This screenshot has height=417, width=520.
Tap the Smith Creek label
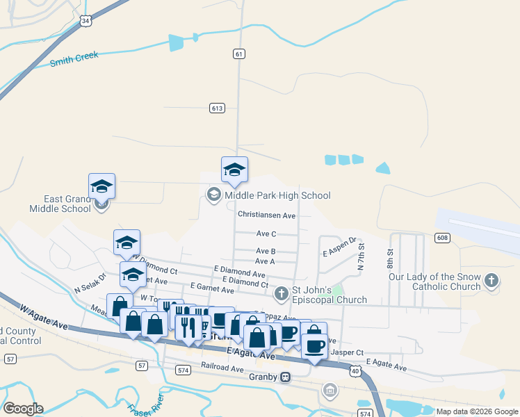coord(74,59)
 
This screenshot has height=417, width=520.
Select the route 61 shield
coord(239,54)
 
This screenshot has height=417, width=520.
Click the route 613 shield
coord(217,108)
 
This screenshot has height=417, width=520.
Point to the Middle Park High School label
coord(277,195)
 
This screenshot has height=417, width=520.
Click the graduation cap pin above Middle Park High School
coord(234,170)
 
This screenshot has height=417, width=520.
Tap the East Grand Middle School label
coord(60,204)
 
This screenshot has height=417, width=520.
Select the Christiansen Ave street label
coord(266,215)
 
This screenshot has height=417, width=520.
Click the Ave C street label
coord(266,234)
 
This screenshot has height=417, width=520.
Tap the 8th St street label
coord(390,260)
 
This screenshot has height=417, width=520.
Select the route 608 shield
coord(441,238)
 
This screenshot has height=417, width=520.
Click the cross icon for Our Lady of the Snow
coord(491,281)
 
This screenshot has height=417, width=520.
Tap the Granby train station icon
coord(285,377)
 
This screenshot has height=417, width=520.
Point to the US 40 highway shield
coord(355,372)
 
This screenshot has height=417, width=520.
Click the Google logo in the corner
coord(23,409)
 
